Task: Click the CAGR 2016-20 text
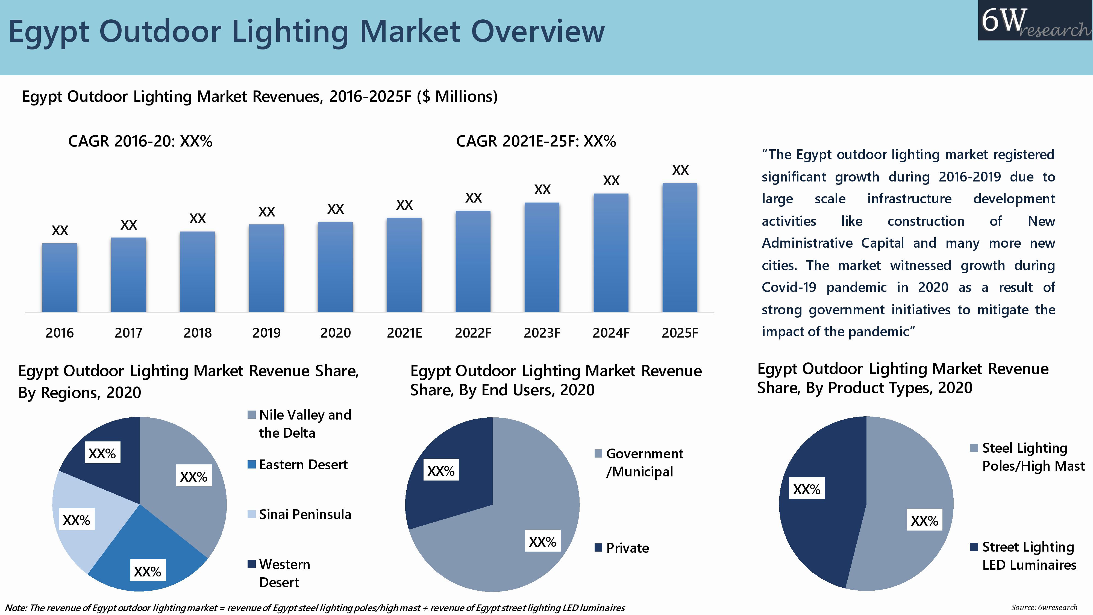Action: pos(140,141)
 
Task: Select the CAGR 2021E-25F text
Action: pos(536,141)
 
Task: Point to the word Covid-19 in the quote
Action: pos(788,287)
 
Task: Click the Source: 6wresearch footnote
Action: pos(1044,607)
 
